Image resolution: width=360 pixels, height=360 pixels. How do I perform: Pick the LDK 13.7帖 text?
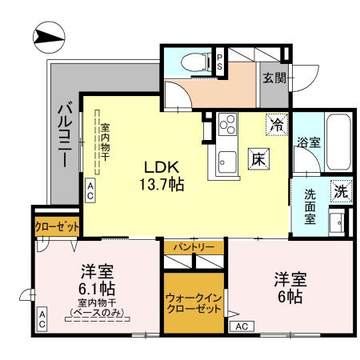point(164,175)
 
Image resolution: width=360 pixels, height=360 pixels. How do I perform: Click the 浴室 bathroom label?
point(310,144)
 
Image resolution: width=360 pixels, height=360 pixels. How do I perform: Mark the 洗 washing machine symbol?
point(340,191)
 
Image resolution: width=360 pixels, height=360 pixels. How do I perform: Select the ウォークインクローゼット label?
point(194,302)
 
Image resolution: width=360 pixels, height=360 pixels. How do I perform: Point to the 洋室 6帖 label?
point(288,288)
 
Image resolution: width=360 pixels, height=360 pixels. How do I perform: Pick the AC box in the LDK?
point(90,190)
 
